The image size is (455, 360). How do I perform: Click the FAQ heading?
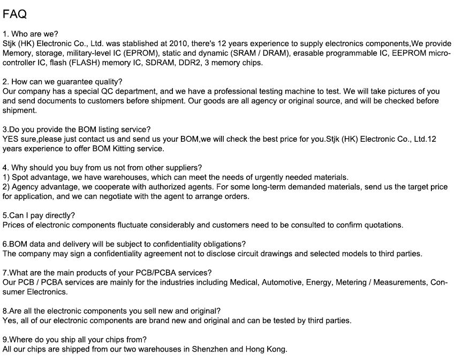14,14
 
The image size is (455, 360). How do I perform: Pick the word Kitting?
122,149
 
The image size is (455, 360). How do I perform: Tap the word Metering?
351,282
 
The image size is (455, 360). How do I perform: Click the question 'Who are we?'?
34,34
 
